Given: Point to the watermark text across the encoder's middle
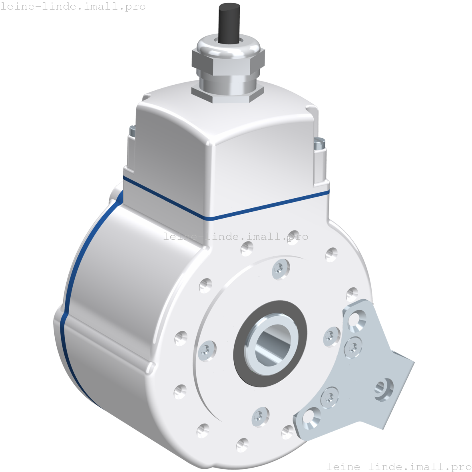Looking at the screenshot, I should tap(236, 237).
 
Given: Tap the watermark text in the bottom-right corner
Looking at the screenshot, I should tap(399, 466).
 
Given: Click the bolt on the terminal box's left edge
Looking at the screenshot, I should tap(131, 130).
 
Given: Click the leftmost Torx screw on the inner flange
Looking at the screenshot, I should tap(207, 351).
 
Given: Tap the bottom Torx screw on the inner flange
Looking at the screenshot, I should tap(260, 417).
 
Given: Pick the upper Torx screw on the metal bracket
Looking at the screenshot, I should tap(353, 347).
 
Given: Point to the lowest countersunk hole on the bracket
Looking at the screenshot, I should tap(311, 417).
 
